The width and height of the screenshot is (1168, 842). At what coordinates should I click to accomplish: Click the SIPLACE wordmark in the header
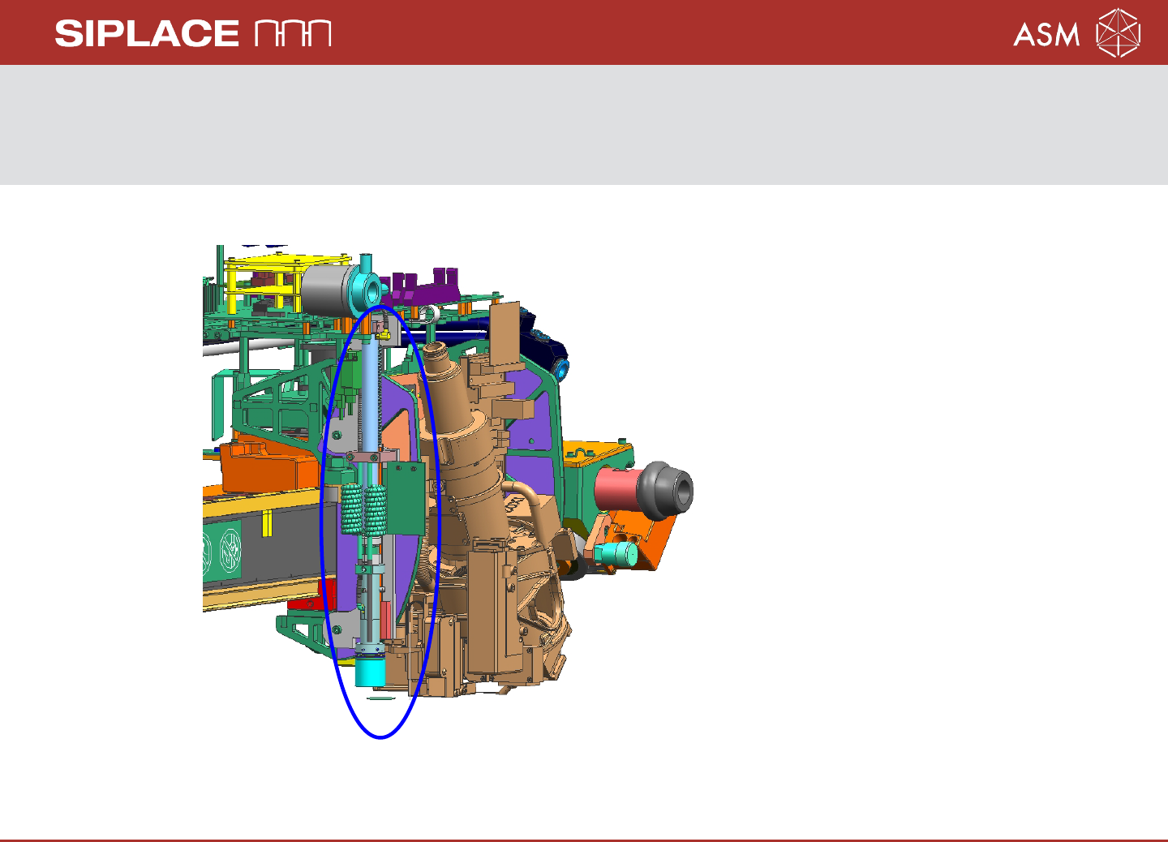coord(147,34)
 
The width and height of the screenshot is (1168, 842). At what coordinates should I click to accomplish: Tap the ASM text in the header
coord(1046,34)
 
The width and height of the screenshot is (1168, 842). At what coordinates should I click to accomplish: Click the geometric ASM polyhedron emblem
coord(1118,32)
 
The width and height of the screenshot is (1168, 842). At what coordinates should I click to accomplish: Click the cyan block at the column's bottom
coord(370,672)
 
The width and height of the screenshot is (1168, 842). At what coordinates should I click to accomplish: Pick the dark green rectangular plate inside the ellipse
coord(404,498)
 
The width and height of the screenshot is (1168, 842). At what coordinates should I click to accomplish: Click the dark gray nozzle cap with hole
coord(665,490)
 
